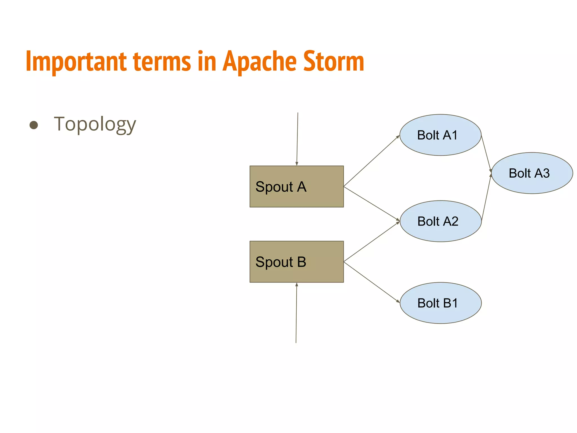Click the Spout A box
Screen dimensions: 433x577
point(296,186)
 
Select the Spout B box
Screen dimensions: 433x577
point(296,262)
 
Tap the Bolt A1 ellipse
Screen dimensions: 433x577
point(440,135)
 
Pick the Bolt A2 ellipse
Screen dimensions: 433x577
point(440,221)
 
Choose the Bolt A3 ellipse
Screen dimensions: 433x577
point(532,173)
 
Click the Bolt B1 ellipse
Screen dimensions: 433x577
point(440,303)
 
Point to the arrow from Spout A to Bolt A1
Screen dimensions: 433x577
point(372,161)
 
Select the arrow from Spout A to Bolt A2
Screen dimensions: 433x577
point(372,203)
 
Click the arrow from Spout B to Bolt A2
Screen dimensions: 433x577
point(372,242)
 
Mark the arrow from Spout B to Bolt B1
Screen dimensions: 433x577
point(372,282)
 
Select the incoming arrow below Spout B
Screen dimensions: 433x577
point(296,313)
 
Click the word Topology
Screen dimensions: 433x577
point(95,124)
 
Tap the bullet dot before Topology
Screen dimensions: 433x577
point(34,125)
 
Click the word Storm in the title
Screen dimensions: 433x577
point(334,61)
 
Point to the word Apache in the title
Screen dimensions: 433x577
point(259,62)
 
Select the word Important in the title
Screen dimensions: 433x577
point(76,62)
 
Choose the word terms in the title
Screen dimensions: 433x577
point(162,61)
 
